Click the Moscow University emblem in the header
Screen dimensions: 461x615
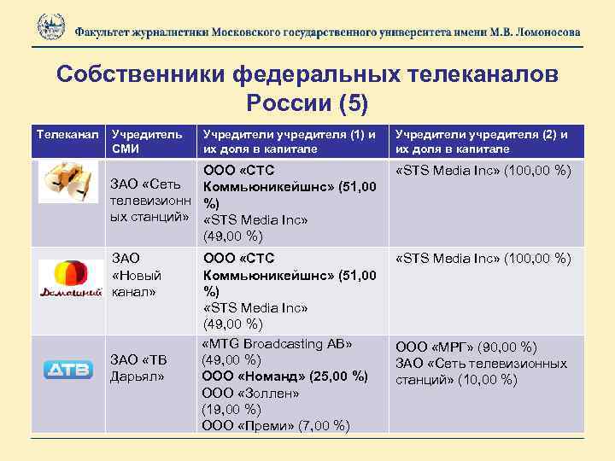click(x=51, y=26)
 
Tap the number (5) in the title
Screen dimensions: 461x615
click(x=352, y=103)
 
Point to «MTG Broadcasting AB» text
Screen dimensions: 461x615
click(x=277, y=344)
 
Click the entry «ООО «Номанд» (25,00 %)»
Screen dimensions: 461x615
click(x=284, y=376)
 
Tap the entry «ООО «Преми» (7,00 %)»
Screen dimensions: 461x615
click(x=275, y=426)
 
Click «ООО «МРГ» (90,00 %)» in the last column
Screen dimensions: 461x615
click(x=465, y=347)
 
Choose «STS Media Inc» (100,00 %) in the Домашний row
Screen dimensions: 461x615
click(x=483, y=258)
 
